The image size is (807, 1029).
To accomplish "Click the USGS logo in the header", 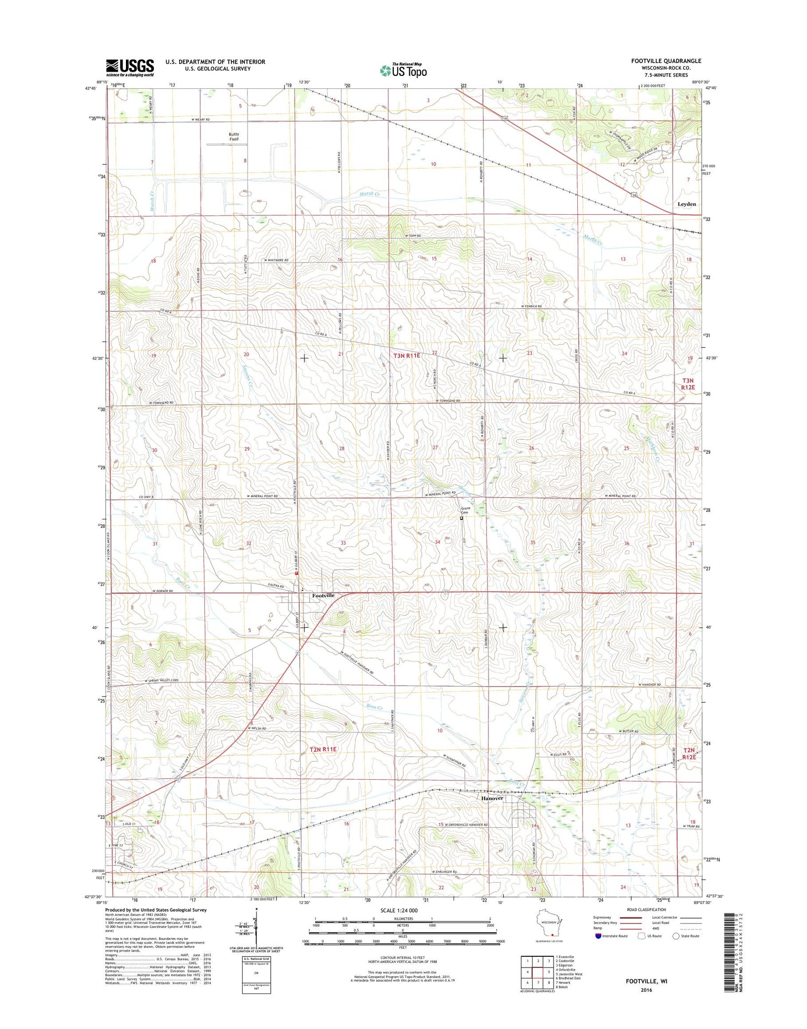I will tap(130, 68).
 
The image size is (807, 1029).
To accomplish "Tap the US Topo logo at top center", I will tap(403, 70).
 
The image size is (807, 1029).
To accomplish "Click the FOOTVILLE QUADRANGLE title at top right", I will tap(666, 61).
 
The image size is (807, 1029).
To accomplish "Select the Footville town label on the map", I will tap(323, 596).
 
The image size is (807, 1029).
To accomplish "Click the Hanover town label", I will tap(492, 798).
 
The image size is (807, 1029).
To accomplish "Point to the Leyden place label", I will tap(686, 204).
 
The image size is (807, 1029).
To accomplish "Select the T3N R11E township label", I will tap(407, 356).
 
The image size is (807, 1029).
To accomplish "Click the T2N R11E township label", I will tap(323, 749).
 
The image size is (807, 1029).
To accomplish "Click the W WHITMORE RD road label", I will tap(276, 260).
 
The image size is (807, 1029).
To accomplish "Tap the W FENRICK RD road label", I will tap(531, 306).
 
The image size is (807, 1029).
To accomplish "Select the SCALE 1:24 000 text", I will tap(402, 910).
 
